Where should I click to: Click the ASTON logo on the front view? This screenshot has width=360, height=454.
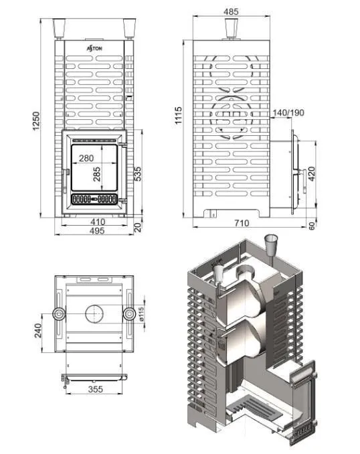click(94, 48)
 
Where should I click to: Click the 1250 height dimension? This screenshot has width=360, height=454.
click(36, 121)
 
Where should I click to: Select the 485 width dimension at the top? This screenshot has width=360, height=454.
click(231, 11)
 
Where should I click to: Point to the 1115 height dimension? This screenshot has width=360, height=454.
click(179, 115)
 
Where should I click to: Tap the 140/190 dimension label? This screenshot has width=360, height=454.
click(288, 112)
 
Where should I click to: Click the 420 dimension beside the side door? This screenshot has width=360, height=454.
click(312, 173)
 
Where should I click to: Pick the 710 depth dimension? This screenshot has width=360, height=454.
click(242, 223)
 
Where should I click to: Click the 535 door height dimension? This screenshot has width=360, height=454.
click(139, 173)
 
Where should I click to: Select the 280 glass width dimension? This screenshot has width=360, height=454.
click(86, 158)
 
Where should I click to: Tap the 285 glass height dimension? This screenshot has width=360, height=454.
click(97, 173)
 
